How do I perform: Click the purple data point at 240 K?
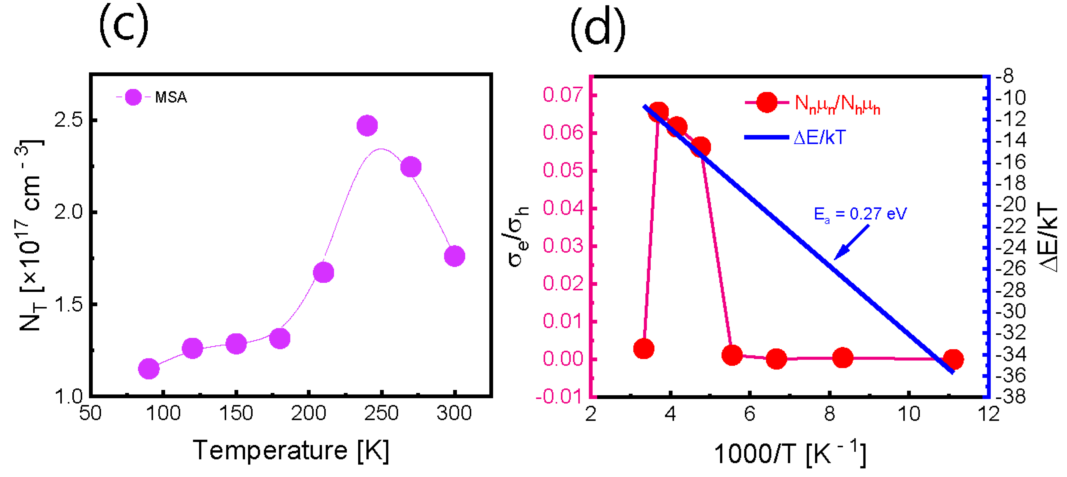pyautogui.click(x=367, y=125)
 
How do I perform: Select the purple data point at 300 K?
pyautogui.click(x=454, y=256)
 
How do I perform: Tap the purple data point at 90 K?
pyautogui.click(x=149, y=368)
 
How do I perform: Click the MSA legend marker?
pyautogui.click(x=133, y=97)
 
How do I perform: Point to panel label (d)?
pyautogui.click(x=598, y=28)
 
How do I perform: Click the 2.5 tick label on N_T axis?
pyautogui.click(x=69, y=120)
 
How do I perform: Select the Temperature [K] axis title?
pyautogui.click(x=291, y=451)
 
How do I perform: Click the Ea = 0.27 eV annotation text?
pyautogui.click(x=860, y=214)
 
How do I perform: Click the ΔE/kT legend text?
pyautogui.click(x=819, y=137)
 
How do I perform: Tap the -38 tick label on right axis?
pyautogui.click(x=1011, y=397)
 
